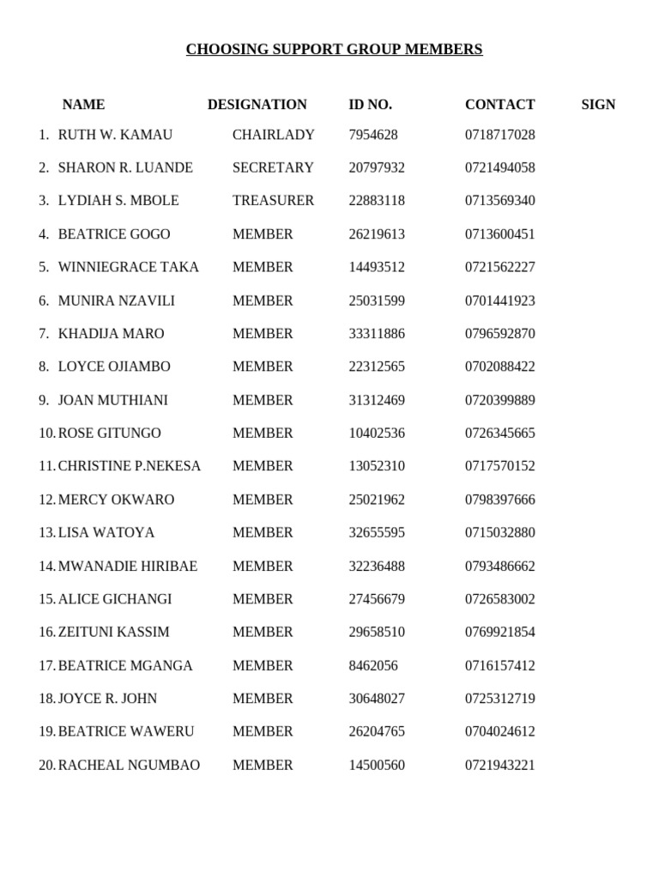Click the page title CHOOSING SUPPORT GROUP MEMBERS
click(334, 50)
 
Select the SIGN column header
click(598, 105)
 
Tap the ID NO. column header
click(370, 105)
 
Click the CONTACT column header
click(499, 105)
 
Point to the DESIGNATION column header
click(257, 105)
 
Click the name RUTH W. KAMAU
click(115, 135)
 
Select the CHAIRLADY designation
click(273, 135)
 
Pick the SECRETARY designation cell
click(273, 167)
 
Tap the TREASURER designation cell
click(273, 201)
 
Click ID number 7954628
click(372, 135)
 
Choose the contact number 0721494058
click(499, 167)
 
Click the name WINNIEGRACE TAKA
click(128, 267)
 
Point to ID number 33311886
click(376, 334)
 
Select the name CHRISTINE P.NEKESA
click(129, 466)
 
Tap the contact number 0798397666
click(499, 500)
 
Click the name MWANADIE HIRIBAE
click(127, 567)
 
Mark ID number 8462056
click(372, 665)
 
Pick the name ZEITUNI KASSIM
click(113, 633)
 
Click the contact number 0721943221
click(499, 765)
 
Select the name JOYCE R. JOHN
click(107, 699)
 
